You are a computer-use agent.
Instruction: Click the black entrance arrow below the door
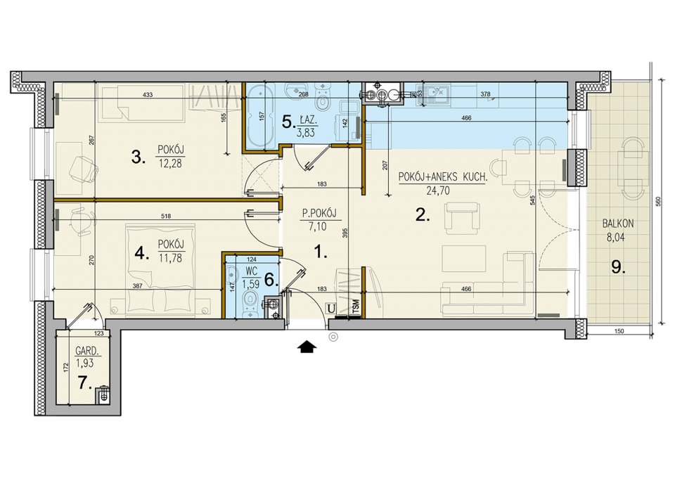coord(308,347)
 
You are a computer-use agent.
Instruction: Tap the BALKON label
coord(618,224)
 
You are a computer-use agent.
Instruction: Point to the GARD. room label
coord(87,351)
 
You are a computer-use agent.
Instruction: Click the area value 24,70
coord(438,190)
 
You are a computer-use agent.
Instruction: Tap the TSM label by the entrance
coord(356,308)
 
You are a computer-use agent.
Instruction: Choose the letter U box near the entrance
coord(331,309)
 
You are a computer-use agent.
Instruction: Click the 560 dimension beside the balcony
coord(657,202)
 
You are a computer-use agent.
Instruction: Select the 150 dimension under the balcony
coord(619,331)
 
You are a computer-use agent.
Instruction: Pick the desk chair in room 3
coord(83,169)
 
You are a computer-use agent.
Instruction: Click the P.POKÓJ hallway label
coord(319,214)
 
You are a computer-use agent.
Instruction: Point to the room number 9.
coord(618,268)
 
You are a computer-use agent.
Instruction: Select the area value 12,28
coord(170,164)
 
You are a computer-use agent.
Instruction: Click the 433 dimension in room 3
coord(147,95)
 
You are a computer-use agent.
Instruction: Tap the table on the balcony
coord(633,168)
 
